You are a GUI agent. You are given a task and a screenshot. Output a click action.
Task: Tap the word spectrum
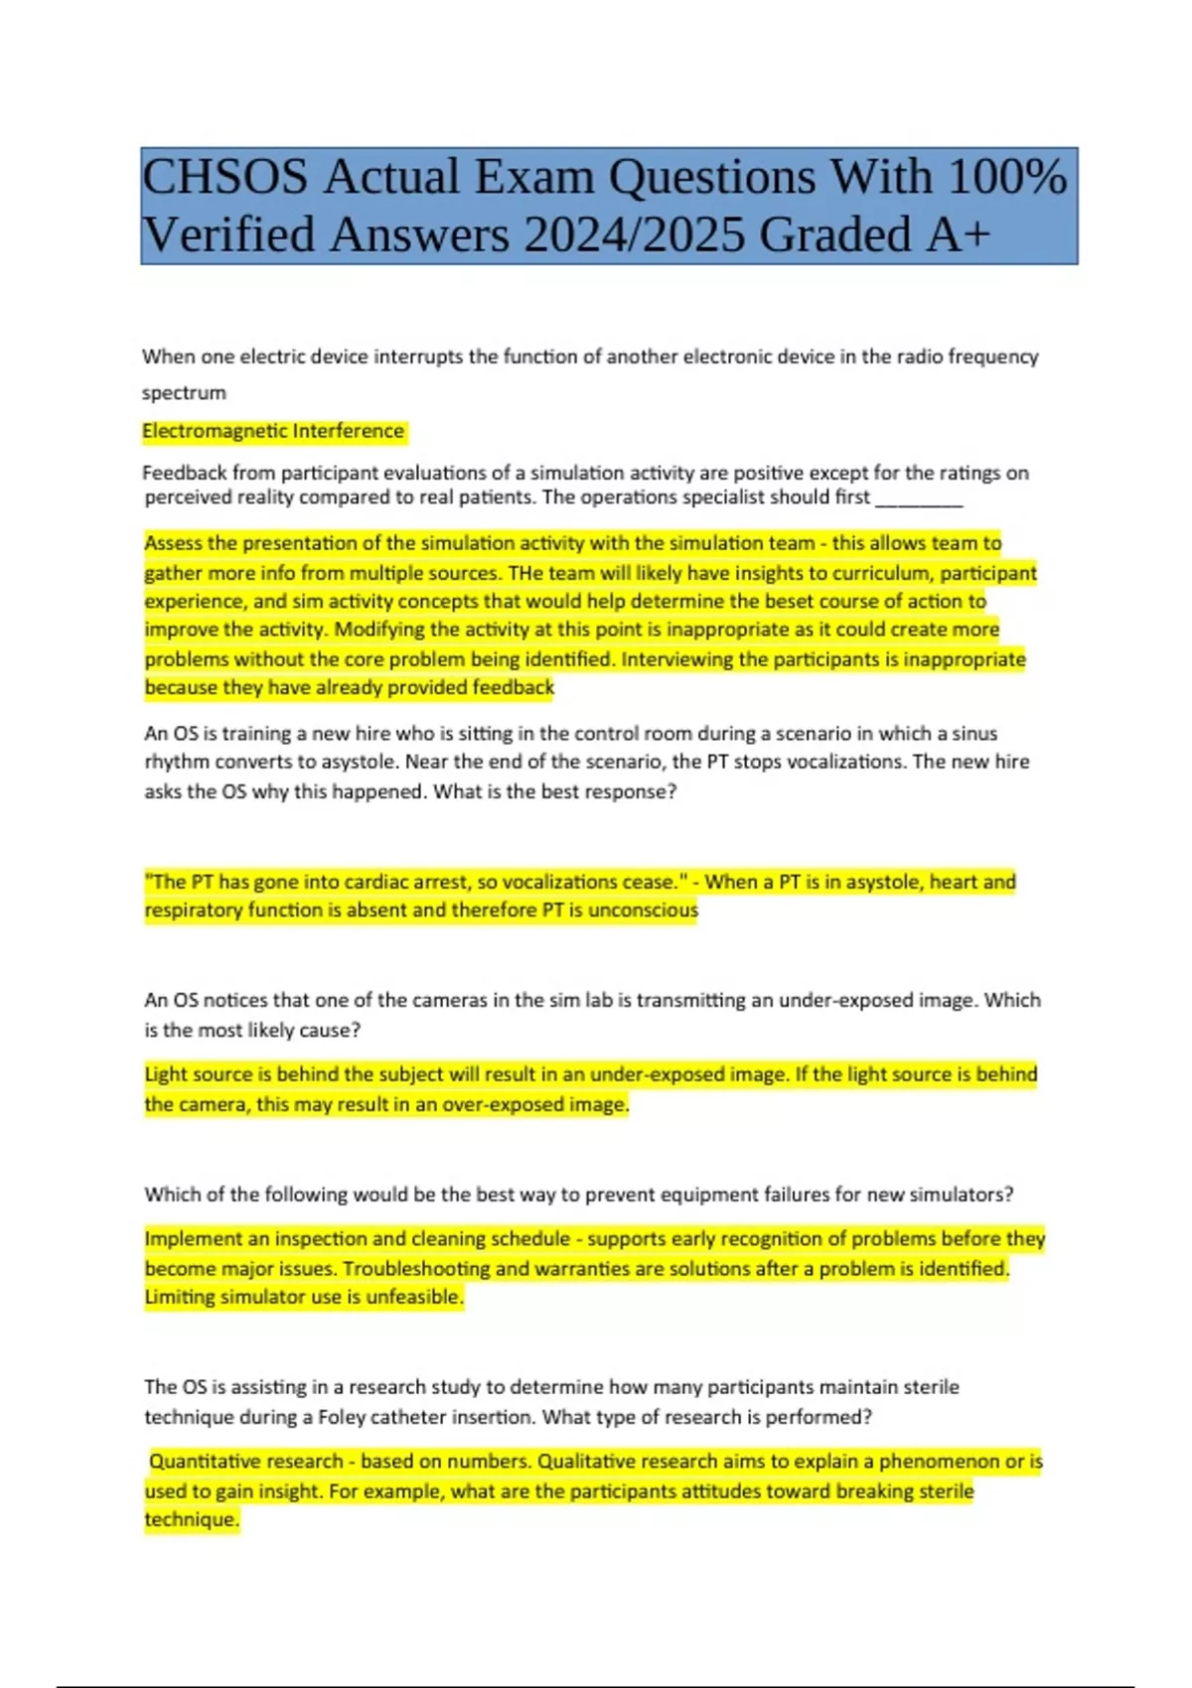click(x=184, y=393)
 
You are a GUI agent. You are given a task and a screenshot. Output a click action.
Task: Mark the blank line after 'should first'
click(x=919, y=499)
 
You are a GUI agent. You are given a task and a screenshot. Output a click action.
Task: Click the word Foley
click(x=342, y=1417)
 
